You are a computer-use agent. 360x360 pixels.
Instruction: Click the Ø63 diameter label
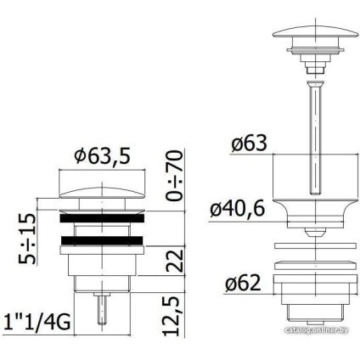point(248,144)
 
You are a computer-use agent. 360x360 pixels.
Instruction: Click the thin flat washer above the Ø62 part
point(313,259)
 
